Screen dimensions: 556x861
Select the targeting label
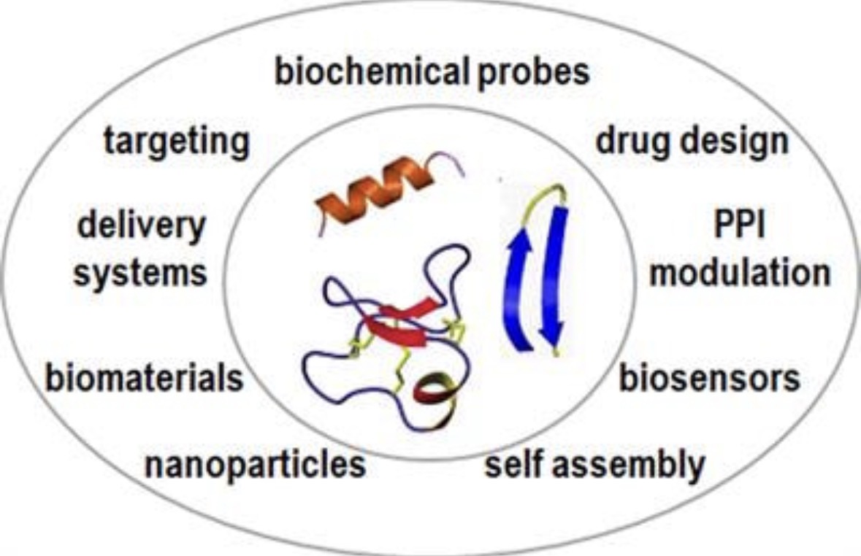pos(176,142)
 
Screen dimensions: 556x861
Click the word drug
pos(627,140)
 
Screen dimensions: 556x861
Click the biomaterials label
pos(143,378)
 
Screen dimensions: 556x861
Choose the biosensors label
pos(709,378)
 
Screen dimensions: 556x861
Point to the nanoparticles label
pos(255,464)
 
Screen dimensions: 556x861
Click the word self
pos(514,464)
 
